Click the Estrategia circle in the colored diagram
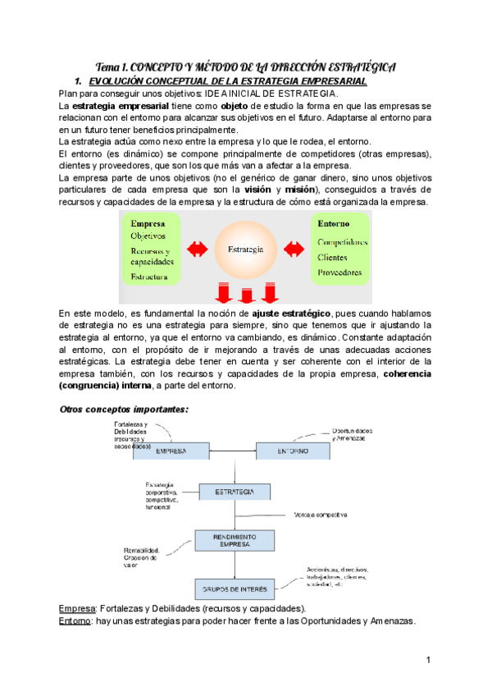click(247, 248)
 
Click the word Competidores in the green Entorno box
click(342, 242)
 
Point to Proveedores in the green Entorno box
click(339, 272)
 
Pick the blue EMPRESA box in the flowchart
click(171, 451)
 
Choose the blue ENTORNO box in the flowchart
click(292, 451)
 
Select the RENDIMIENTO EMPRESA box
click(232, 539)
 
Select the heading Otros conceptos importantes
click(125, 409)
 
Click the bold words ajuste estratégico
click(293, 314)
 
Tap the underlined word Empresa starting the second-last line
click(78, 609)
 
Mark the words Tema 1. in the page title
click(112, 66)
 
